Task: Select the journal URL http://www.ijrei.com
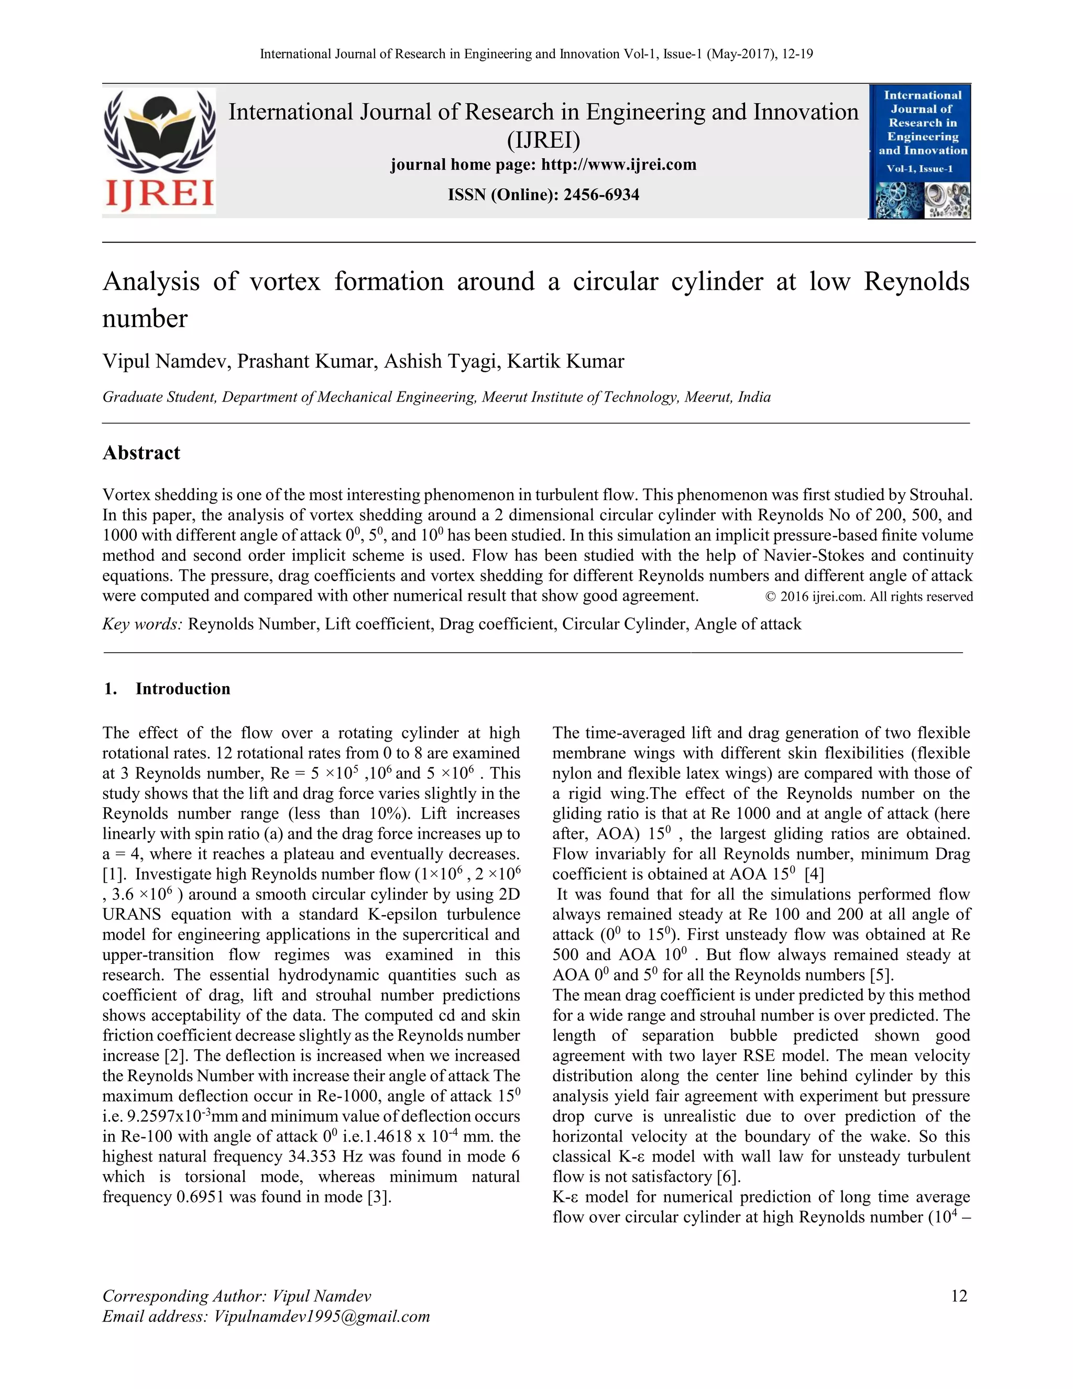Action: point(619,165)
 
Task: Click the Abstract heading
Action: point(141,453)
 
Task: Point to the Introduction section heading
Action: point(182,689)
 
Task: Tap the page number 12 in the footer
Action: point(959,1296)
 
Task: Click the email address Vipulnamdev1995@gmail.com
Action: point(322,1316)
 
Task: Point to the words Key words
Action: point(143,624)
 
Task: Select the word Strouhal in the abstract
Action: point(940,495)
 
